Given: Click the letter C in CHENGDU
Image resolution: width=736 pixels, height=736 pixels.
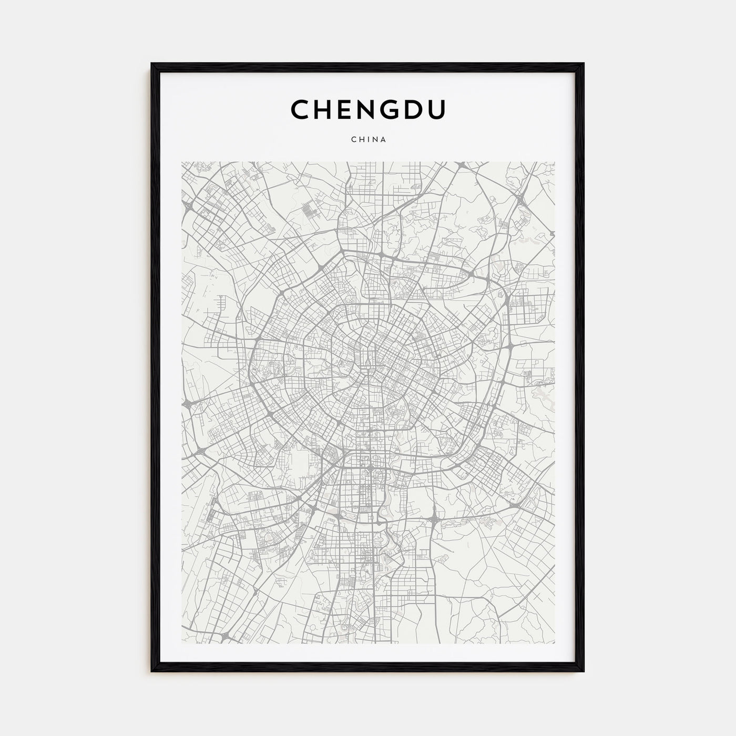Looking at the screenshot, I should pos(301,110).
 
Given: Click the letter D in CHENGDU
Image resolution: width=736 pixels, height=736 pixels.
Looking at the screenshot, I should pos(418,110).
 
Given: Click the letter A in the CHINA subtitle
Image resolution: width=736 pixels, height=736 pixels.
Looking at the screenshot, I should pos(384,140).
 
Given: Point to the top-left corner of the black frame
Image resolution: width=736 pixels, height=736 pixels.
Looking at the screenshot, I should pos(152,64).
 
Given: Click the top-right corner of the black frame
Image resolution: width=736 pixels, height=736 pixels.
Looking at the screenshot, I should pos(584,64).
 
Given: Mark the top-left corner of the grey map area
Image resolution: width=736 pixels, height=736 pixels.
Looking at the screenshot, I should pos(182,162).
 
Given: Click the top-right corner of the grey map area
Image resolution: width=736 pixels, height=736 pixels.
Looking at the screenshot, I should pos(555,162).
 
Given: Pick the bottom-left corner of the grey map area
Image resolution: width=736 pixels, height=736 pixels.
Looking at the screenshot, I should pos(182,643).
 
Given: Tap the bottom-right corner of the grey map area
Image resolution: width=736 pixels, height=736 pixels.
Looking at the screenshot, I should pos(555,643).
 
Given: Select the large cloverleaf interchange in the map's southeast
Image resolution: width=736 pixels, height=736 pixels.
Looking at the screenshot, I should pos(435,520).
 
